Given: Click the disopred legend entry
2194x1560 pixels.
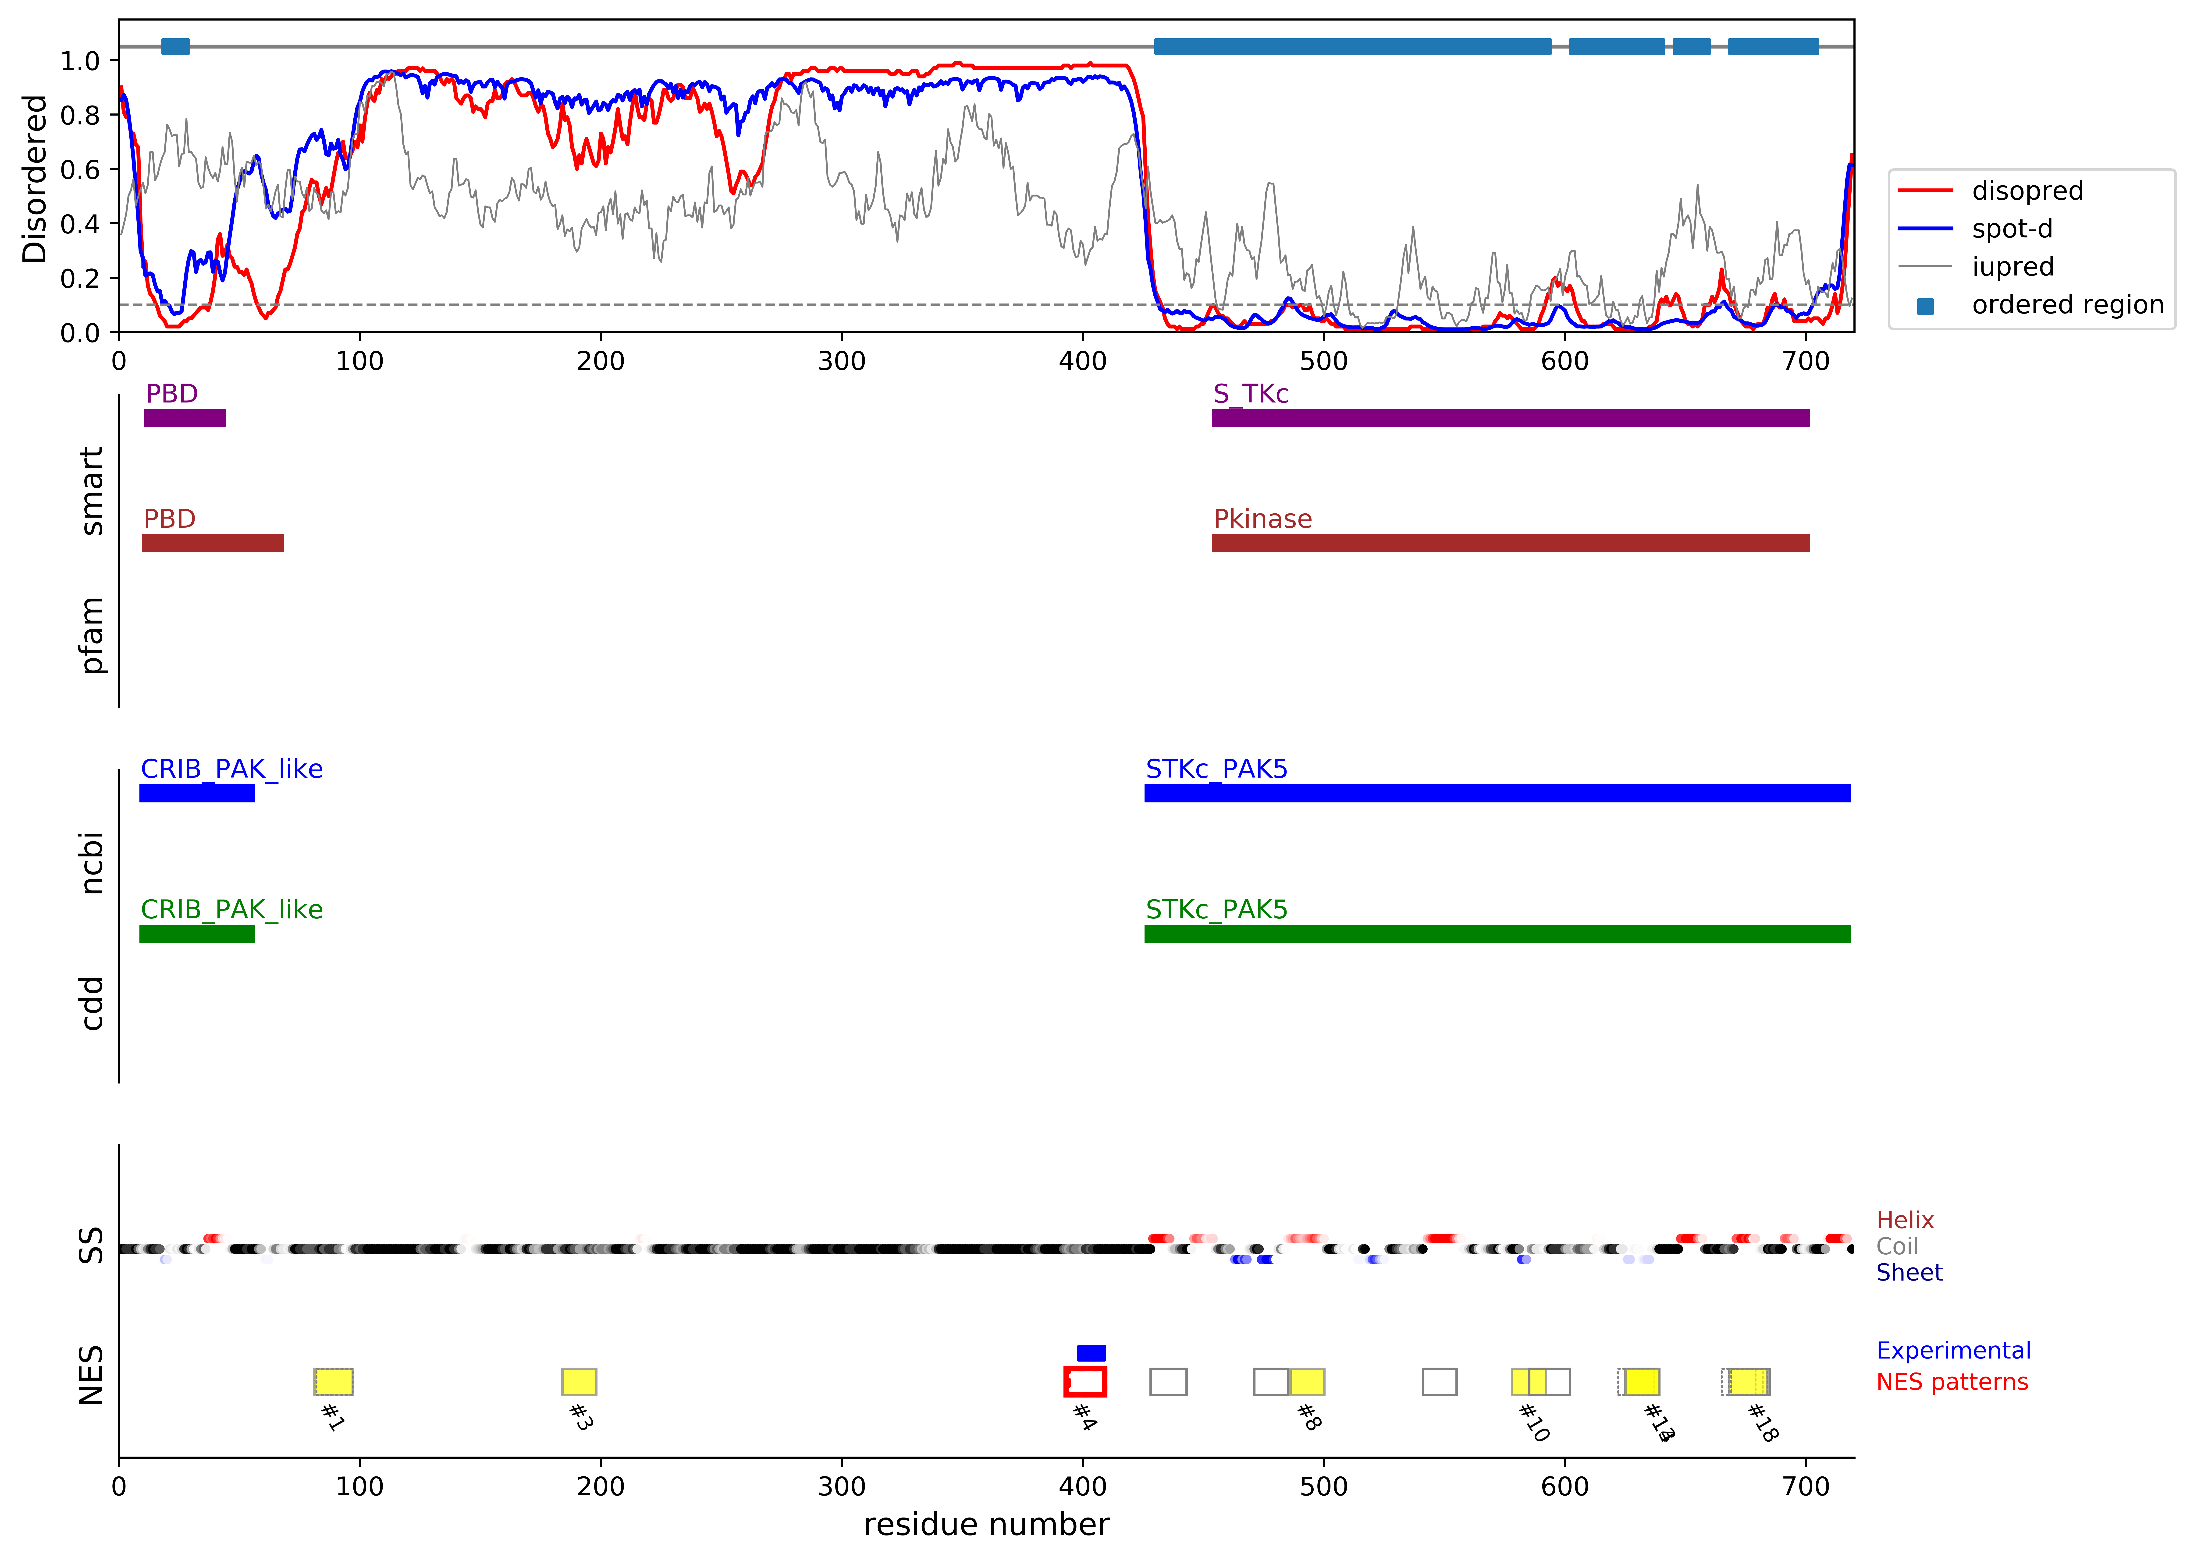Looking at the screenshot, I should tap(2026, 191).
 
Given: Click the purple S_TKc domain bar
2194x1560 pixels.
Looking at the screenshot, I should tap(1510, 418).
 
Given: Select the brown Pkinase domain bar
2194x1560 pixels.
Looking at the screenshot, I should tap(1510, 543).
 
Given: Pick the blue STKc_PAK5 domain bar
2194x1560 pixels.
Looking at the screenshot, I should tap(1496, 794).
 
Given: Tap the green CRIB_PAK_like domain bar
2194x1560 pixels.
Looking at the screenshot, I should tap(197, 934).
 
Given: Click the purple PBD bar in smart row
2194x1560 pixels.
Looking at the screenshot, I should tap(185, 418).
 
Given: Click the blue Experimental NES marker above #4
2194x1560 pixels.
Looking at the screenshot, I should tap(1091, 1352).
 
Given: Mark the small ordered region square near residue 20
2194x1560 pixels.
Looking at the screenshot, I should tap(175, 46).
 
